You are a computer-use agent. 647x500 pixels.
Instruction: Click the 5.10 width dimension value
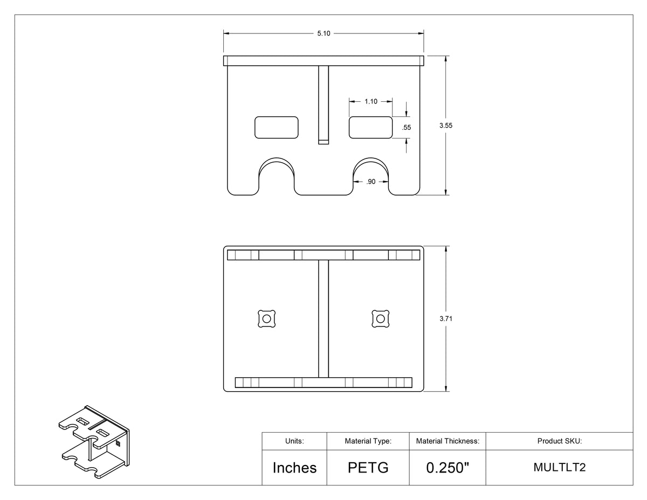323,33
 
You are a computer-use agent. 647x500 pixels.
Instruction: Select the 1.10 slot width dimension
371,101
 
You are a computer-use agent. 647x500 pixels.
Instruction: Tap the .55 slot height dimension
406,128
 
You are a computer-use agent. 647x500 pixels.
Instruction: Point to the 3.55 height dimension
446,126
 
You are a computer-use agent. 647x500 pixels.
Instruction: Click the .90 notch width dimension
371,182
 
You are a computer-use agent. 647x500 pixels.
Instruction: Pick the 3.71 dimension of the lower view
446,318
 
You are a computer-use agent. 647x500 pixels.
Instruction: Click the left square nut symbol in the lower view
266,319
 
